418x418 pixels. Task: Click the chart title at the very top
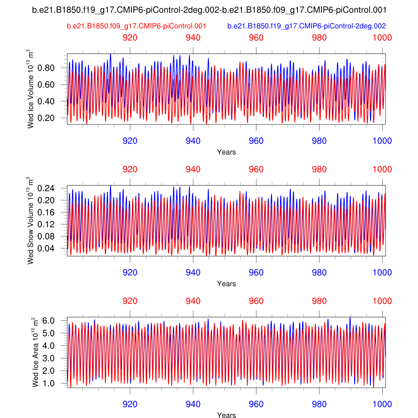tap(209, 10)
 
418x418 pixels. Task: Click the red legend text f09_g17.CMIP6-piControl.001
tap(136, 26)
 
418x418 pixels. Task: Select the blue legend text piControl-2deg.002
tap(307, 26)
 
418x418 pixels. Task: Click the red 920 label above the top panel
tap(130, 38)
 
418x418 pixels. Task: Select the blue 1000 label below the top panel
tap(382, 141)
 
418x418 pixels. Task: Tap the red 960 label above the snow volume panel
tap(256, 169)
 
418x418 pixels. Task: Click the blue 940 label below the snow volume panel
tap(193, 273)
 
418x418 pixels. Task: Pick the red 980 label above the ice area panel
tap(319, 301)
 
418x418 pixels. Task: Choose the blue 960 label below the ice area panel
tap(256, 404)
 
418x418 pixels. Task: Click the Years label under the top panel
tap(226, 152)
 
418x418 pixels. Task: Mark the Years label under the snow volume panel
tap(226, 284)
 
